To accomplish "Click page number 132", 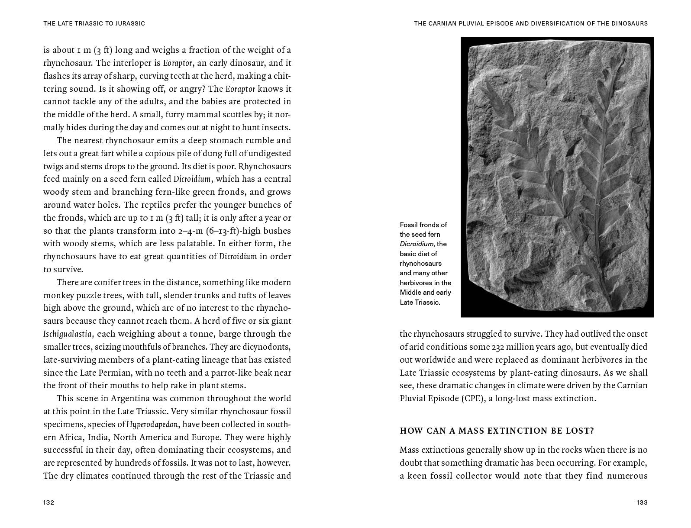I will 48,502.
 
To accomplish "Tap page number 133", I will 642,502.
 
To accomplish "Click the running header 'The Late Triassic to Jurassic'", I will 94,23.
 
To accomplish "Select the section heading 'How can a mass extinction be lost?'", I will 497,431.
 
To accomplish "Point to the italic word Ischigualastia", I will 68,334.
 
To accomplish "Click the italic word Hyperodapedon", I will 152,424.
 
